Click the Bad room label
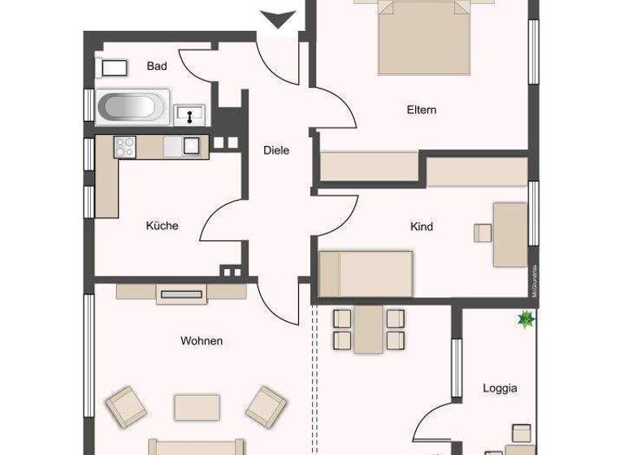click(157, 67)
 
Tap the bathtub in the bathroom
click(132, 108)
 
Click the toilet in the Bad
click(113, 67)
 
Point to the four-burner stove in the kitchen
click(125, 146)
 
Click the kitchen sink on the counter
click(191, 146)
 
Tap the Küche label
click(162, 226)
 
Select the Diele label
click(276, 150)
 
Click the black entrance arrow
click(277, 19)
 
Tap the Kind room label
click(422, 227)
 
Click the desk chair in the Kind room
click(483, 233)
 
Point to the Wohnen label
click(201, 341)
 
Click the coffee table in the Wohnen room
click(197, 406)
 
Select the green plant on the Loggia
click(526, 321)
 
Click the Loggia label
click(500, 388)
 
